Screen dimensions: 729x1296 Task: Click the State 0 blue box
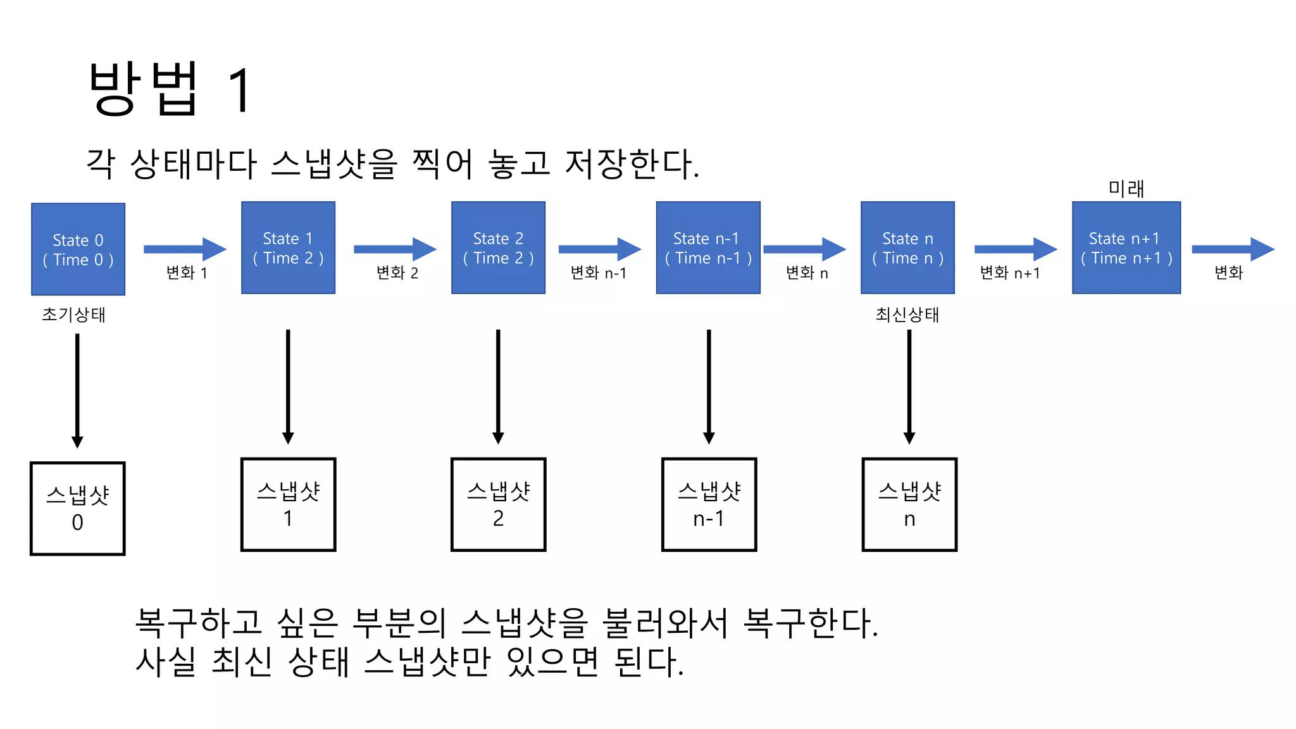point(78,249)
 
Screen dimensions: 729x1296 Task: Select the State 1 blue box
point(288,247)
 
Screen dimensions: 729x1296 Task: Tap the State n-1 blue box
point(708,247)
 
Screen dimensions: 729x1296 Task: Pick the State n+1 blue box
point(1126,247)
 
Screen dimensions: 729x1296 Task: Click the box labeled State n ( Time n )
point(907,247)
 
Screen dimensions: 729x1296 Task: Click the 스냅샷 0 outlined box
point(78,508)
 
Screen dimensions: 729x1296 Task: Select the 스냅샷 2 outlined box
point(498,504)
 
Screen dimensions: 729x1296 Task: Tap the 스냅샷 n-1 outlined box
point(709,504)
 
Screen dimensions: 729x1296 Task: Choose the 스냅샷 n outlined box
point(909,504)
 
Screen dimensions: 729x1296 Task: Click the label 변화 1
point(187,273)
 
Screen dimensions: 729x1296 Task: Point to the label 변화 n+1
point(1009,273)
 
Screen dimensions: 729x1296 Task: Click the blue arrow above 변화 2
point(395,249)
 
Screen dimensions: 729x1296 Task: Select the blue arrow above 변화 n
point(804,249)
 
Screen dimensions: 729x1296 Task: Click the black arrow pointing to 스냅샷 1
point(288,386)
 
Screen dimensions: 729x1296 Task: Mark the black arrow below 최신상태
point(909,386)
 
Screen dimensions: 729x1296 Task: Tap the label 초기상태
point(73,315)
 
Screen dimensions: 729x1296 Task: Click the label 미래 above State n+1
point(1126,189)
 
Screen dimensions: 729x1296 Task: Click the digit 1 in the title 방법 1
point(241,90)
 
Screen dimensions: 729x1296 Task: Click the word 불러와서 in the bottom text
point(664,623)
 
